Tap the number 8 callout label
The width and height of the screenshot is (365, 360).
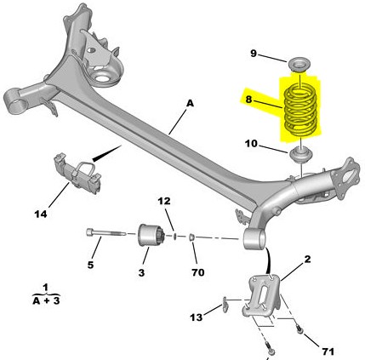pyautogui.click(x=248, y=100)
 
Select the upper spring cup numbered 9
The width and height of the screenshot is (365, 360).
pyautogui.click(x=299, y=66)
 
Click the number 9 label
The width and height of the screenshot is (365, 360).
pyautogui.click(x=253, y=53)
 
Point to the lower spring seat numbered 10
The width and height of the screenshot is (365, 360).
pyautogui.click(x=301, y=155)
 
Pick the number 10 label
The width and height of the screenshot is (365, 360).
pyautogui.click(x=251, y=144)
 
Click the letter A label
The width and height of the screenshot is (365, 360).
pyautogui.click(x=190, y=104)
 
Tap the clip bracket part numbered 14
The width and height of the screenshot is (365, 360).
pyautogui.click(x=77, y=174)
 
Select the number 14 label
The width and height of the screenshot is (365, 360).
pyautogui.click(x=41, y=214)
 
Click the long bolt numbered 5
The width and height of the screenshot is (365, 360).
pyautogui.click(x=106, y=233)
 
